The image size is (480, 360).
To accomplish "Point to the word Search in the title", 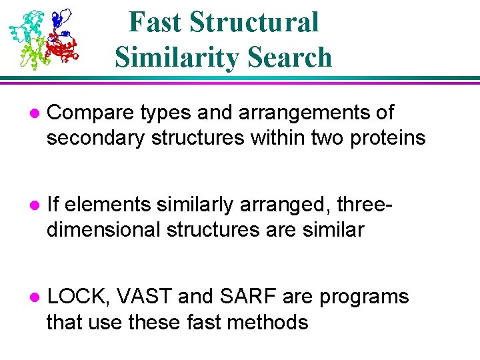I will click(296, 57).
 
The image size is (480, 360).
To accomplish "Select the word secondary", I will click(96, 138).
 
